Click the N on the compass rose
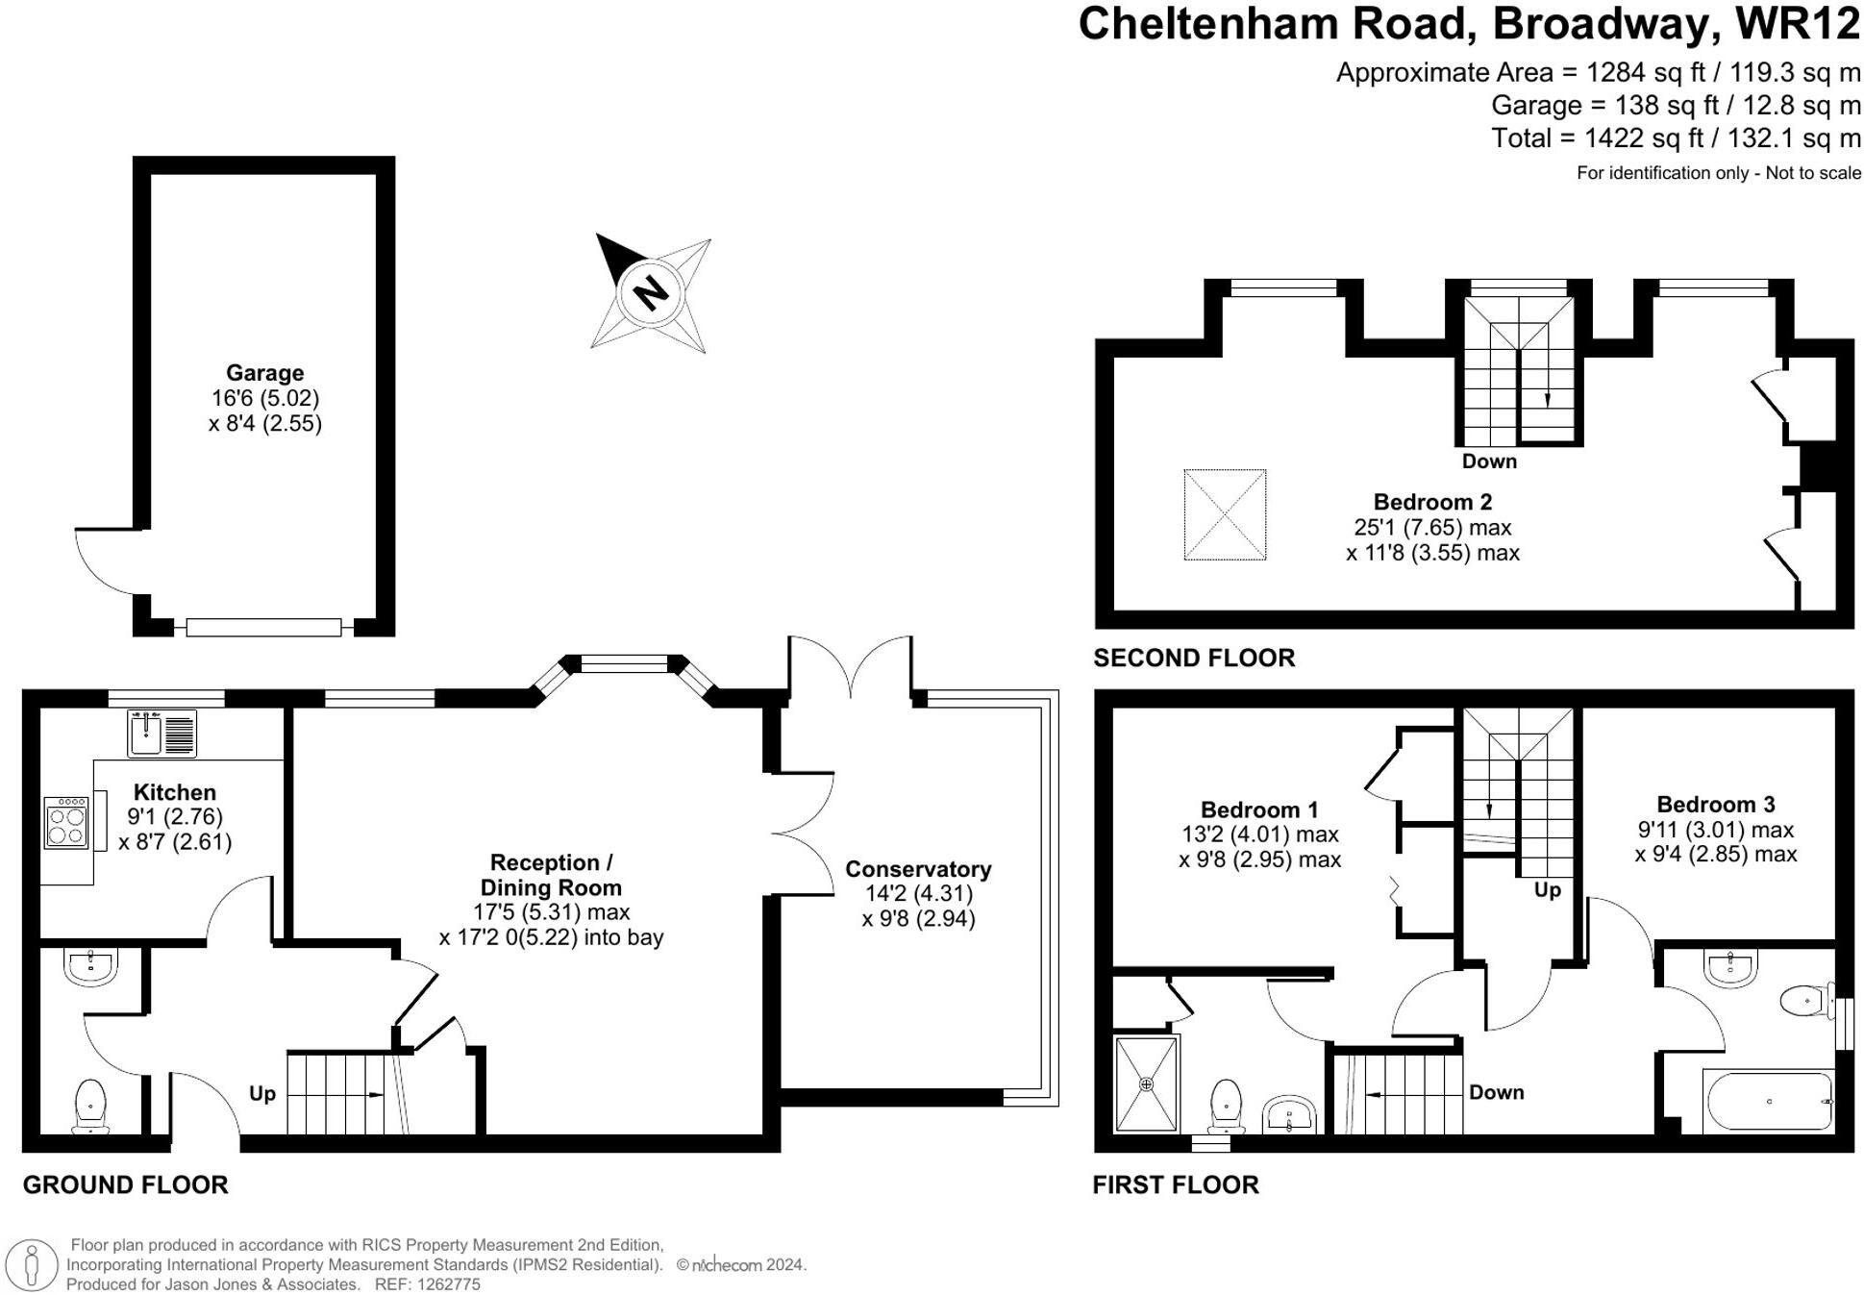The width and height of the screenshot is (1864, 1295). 651,291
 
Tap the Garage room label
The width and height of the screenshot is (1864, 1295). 264,373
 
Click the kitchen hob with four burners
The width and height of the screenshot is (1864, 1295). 66,823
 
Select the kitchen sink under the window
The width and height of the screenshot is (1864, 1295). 161,735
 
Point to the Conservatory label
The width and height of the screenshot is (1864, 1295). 918,869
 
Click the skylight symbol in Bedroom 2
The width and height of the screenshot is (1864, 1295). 1225,514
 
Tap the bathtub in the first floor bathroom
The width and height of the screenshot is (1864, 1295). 1768,1102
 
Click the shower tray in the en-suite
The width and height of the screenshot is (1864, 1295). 1146,1083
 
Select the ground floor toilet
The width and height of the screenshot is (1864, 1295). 90,1105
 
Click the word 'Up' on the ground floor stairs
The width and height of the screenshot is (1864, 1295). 262,1094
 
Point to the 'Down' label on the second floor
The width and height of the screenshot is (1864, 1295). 1489,461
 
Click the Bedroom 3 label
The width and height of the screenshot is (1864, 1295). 1715,805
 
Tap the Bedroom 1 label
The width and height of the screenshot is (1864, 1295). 1259,809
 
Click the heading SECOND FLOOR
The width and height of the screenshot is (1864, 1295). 1194,659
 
